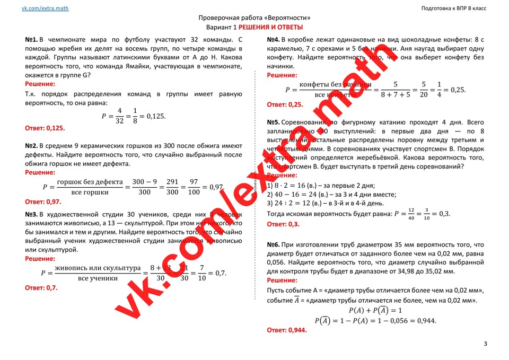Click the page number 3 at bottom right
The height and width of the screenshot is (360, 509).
[485, 344]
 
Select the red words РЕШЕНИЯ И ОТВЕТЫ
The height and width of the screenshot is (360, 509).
[270, 27]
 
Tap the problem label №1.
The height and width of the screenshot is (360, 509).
[31, 40]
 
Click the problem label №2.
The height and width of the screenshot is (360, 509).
[31, 146]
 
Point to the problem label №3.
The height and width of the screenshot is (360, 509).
[31, 215]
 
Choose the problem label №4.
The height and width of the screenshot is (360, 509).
[273, 40]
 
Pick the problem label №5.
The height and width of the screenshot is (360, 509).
[273, 122]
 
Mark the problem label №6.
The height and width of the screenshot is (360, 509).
[273, 245]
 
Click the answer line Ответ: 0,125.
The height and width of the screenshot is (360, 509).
[45, 128]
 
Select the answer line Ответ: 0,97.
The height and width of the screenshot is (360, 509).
[43, 201]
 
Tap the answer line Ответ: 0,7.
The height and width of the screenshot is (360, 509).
[41, 288]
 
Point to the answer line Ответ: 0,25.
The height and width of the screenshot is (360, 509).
[285, 104]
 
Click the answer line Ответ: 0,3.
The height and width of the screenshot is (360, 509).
[283, 224]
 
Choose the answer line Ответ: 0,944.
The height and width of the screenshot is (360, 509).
[286, 330]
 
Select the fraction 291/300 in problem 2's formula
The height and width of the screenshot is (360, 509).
[172, 187]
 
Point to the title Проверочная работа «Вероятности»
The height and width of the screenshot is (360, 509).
[254, 17]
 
